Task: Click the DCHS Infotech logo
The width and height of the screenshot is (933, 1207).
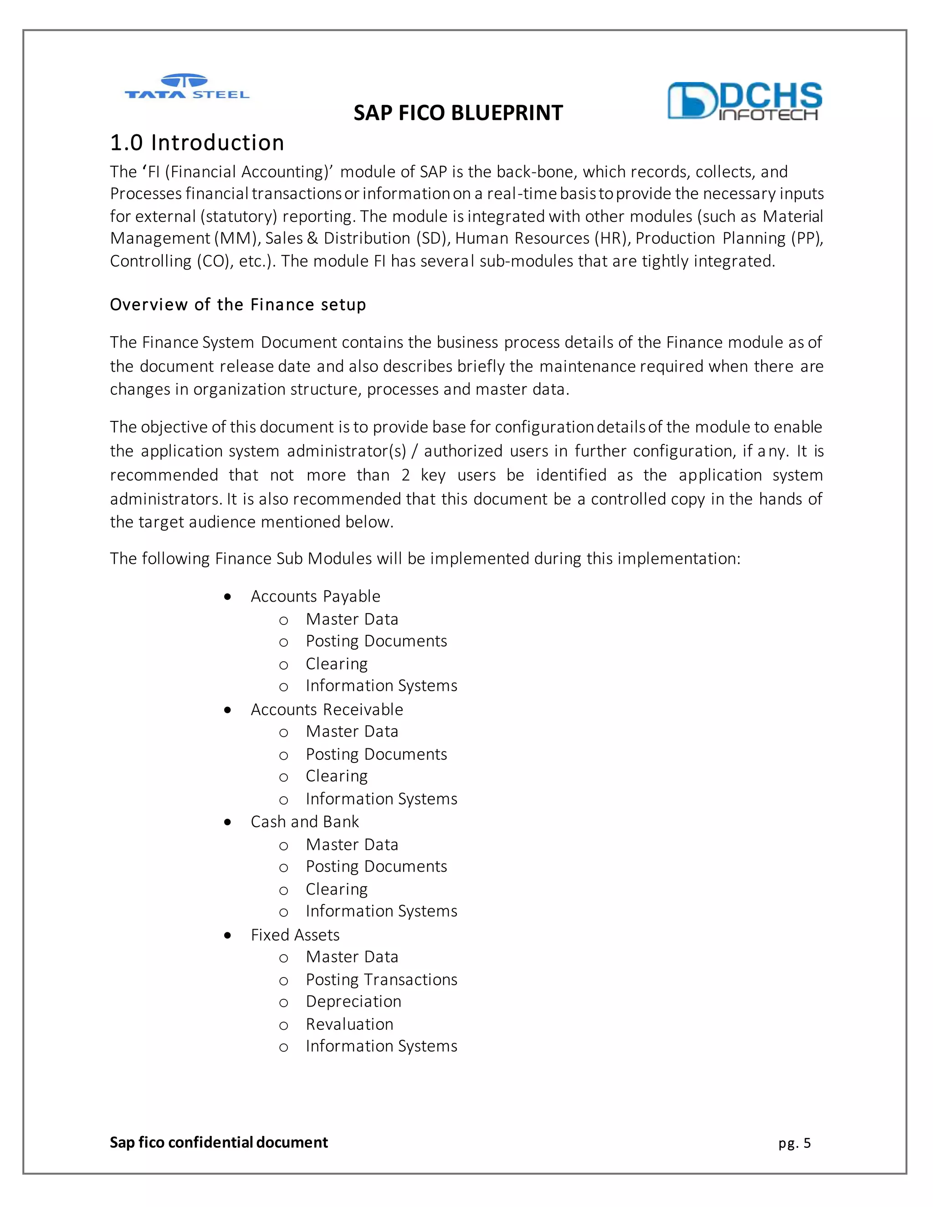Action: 744,101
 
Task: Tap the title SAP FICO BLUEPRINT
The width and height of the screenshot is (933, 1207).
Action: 458,113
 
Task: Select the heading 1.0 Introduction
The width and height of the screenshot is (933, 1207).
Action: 197,143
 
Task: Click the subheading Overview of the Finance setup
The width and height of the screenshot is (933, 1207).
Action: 238,305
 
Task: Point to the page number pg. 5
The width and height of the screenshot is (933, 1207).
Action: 794,1143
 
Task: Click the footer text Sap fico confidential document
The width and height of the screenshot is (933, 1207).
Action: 219,1142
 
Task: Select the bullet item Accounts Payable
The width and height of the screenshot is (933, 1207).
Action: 315,596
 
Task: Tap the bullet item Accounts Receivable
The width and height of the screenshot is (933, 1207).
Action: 327,709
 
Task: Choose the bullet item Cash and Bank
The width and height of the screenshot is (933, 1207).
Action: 305,822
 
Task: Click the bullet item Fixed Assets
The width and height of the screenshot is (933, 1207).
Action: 295,935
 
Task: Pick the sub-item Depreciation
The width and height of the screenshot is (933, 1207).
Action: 353,1002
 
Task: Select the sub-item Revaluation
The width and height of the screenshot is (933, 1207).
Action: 349,1024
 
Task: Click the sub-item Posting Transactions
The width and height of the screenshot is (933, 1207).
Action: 381,979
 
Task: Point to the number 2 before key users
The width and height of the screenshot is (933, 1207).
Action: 406,475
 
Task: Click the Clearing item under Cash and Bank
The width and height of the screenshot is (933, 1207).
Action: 337,889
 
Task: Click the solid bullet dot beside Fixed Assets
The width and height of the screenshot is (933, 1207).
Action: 228,935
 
